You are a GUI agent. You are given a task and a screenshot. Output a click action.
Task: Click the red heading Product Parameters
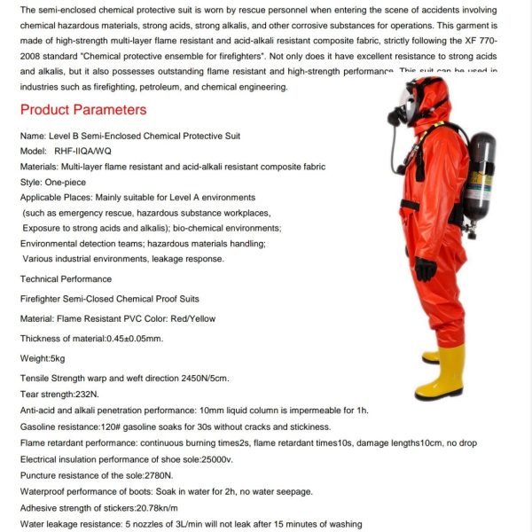click(x=83, y=110)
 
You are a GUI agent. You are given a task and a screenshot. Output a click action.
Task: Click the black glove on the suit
click(x=426, y=269)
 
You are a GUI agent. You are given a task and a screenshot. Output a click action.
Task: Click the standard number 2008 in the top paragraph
click(x=33, y=55)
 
